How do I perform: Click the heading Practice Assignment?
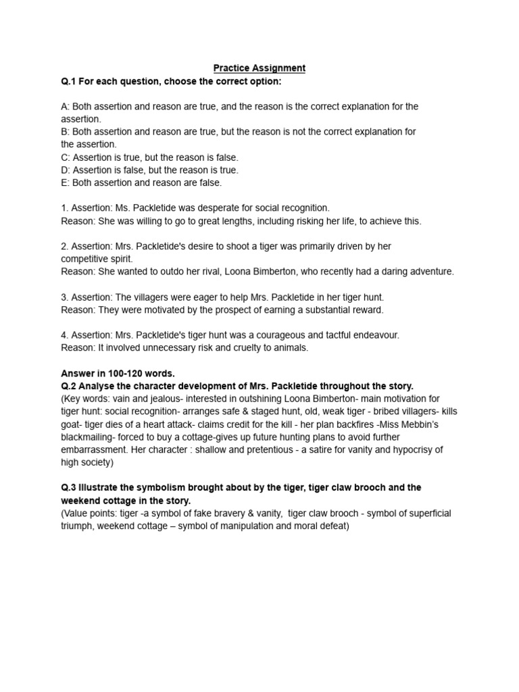click(259, 68)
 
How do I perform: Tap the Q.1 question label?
click(70, 81)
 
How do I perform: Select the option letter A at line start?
click(64, 107)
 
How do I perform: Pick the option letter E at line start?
click(64, 182)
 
